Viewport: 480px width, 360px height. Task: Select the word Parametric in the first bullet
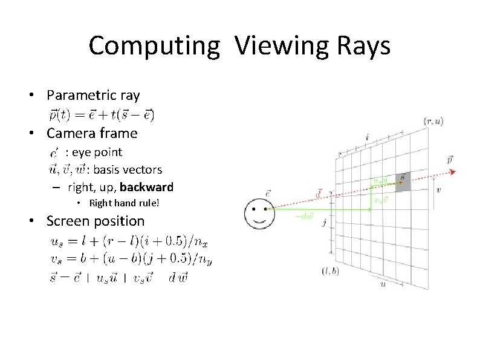(x=79, y=95)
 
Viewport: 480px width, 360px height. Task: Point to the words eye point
(x=97, y=152)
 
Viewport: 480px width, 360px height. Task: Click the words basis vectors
(x=128, y=169)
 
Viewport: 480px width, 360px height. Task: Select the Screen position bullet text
(x=96, y=221)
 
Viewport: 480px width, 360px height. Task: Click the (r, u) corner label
(x=432, y=122)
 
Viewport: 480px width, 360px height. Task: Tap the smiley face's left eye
(x=255, y=209)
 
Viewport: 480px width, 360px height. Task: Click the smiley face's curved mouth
(x=261, y=220)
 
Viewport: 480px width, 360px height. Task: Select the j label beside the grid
(x=325, y=223)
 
